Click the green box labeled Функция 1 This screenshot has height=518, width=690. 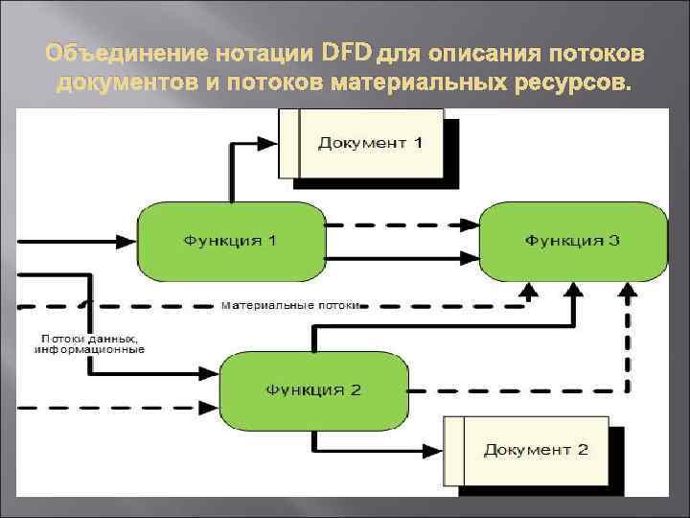(x=230, y=240)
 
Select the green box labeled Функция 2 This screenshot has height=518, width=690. (x=313, y=390)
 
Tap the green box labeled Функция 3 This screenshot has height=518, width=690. (x=572, y=240)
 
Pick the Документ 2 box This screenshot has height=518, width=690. (x=526, y=449)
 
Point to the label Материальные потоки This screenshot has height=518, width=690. (x=290, y=306)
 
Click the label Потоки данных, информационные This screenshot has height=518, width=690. (x=90, y=343)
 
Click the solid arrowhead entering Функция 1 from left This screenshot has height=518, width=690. (x=131, y=239)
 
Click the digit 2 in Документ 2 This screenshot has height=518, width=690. (x=583, y=449)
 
